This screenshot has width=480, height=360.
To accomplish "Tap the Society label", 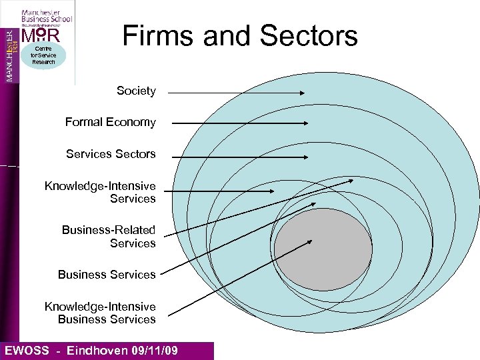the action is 136,91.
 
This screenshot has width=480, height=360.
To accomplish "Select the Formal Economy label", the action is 110,122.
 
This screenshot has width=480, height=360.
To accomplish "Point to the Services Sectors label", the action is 111,154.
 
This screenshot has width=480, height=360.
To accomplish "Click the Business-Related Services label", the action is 109,237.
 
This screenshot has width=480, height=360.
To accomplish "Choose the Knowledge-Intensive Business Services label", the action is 100,313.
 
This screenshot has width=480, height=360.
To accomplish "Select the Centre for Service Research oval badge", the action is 43,55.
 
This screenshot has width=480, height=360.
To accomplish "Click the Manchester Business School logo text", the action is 46,16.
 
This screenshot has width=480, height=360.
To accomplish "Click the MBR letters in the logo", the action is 41,34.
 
